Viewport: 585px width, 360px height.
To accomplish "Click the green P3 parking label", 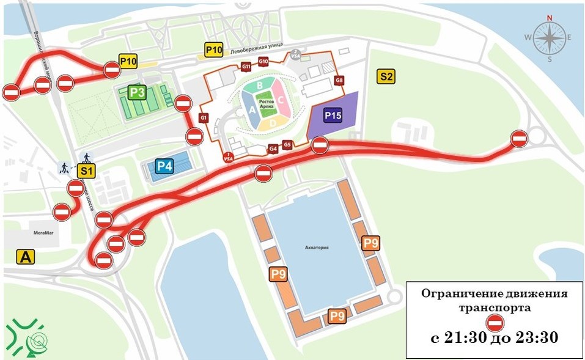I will coord(137,93).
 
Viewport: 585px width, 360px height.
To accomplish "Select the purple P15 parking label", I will coord(333,115).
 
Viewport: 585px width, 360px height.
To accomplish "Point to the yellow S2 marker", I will coord(386,76).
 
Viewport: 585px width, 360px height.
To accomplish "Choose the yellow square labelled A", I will coord(26,257).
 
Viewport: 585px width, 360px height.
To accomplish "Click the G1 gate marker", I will coord(204,117).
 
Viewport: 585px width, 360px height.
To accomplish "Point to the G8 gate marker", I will coord(339,81).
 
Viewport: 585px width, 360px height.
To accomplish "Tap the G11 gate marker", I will coord(246,66).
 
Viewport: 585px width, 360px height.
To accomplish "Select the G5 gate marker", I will coord(287,145).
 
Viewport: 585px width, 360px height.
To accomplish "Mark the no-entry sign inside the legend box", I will coord(494,323).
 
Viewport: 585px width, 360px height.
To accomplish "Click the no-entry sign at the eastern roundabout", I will coord(519,139).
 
